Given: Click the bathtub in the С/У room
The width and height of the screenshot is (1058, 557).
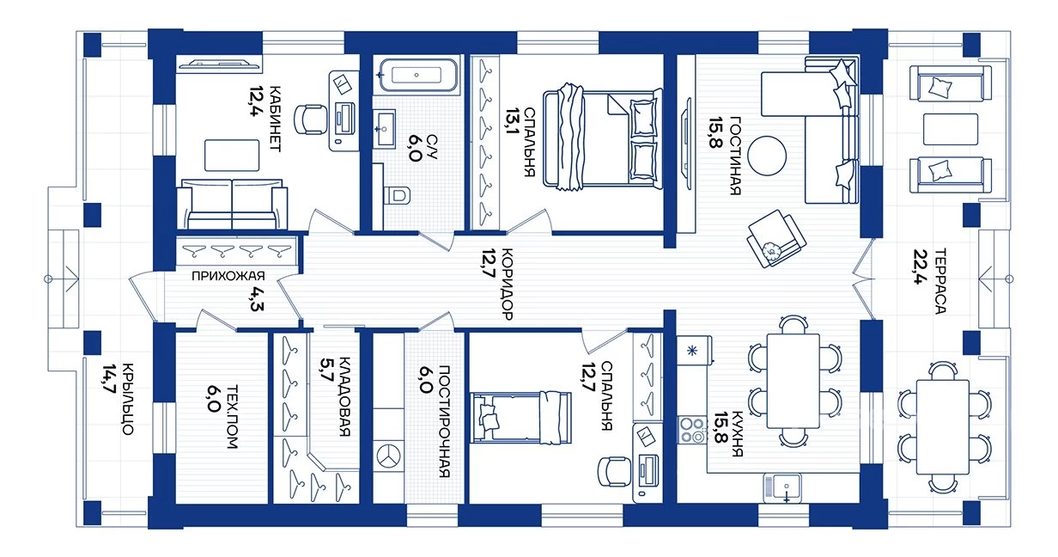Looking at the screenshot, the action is [418, 75].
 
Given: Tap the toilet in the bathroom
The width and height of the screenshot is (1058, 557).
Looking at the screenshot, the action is [398, 194].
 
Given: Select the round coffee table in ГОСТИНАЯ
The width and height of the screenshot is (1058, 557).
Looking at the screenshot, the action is [767, 156].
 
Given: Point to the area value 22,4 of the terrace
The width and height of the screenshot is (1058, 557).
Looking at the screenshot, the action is [921, 266].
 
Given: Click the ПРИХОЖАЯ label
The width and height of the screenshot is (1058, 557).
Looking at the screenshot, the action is [228, 276].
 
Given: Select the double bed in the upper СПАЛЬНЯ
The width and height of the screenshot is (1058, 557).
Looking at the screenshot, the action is [603, 137].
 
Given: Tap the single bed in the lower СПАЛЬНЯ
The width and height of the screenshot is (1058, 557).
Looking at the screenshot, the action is [521, 417].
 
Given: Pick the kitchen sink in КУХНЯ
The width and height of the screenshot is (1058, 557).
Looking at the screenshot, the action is [781, 487].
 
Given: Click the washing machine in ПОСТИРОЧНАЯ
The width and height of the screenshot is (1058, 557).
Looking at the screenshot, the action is [388, 456].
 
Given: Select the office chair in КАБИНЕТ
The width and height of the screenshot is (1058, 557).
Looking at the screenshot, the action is [310, 119].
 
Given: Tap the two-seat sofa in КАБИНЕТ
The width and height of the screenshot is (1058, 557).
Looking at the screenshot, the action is [232, 205].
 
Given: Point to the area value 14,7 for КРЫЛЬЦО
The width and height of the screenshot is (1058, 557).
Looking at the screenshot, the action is [109, 378].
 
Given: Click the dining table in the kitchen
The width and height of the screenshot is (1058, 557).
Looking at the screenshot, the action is [793, 381].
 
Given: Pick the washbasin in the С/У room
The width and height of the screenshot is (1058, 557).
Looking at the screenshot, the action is [384, 129].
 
